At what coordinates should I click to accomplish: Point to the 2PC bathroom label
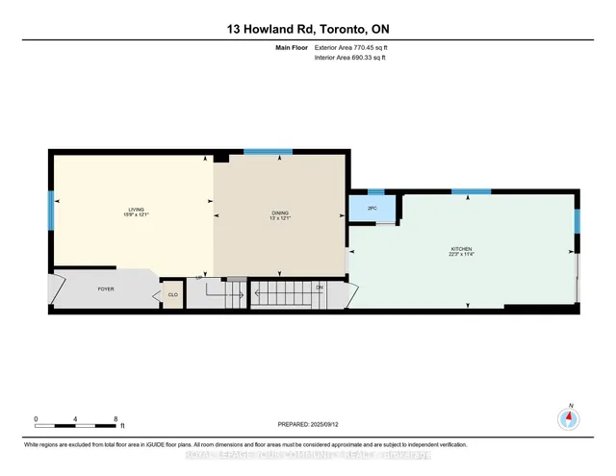click(x=371, y=208)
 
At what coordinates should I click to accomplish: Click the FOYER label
click(x=107, y=288)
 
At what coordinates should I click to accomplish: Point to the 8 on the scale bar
click(x=115, y=419)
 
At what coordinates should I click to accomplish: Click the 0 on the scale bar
click(x=36, y=419)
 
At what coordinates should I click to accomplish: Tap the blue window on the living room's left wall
click(x=51, y=207)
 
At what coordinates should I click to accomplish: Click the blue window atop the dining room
click(x=268, y=152)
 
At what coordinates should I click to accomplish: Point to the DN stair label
click(x=319, y=287)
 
